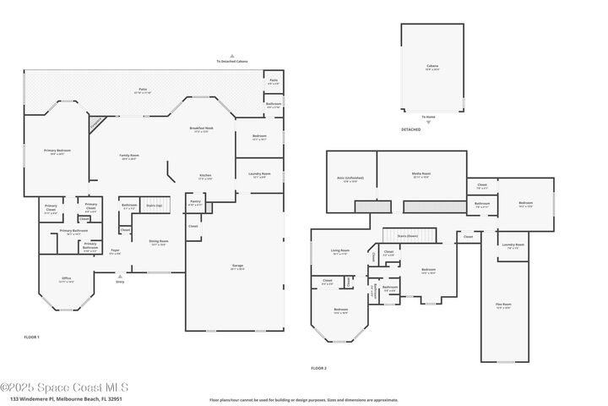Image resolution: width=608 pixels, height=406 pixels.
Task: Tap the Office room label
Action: [x=67, y=279]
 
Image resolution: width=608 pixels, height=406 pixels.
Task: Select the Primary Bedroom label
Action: [x=55, y=151]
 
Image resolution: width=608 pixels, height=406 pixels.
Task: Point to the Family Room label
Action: [x=129, y=156]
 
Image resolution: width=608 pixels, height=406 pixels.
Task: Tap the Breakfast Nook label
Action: [x=203, y=129]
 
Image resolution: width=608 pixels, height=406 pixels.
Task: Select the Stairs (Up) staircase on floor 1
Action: [x=154, y=206]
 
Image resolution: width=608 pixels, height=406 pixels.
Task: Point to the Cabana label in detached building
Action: [x=432, y=66]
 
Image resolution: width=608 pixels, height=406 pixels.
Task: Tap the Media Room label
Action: [x=421, y=175]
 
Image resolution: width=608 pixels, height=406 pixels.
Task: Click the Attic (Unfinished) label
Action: [x=350, y=179]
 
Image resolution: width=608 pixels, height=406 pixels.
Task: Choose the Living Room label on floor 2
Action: [x=340, y=251]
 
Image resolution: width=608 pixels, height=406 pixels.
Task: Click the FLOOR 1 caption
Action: [x=32, y=337]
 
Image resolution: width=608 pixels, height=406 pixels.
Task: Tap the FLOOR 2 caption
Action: [x=318, y=368]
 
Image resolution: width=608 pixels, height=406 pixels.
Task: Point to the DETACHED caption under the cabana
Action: [x=410, y=129]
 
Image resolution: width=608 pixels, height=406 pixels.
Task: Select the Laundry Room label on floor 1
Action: [x=260, y=175]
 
